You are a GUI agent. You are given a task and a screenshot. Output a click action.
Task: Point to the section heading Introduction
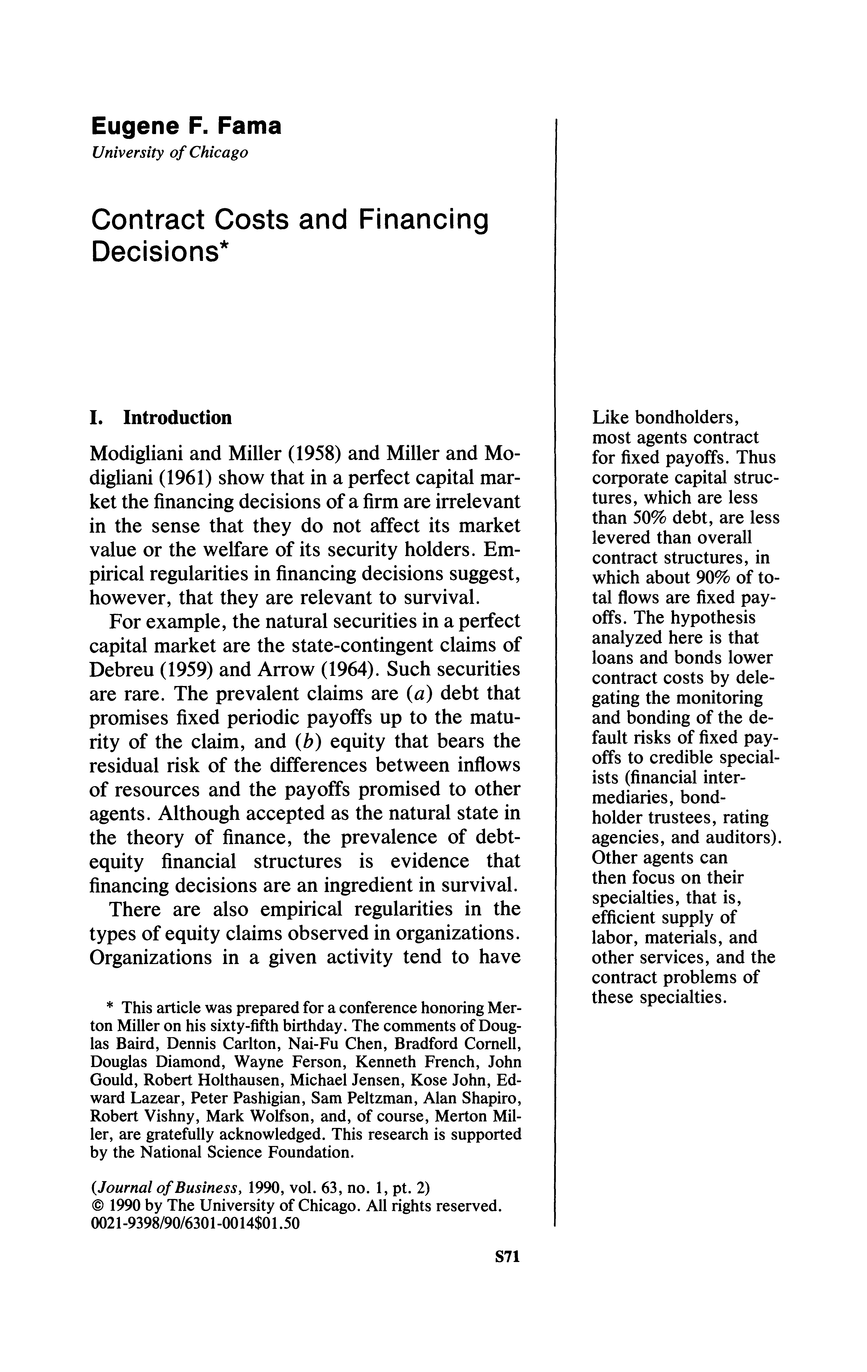177,418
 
